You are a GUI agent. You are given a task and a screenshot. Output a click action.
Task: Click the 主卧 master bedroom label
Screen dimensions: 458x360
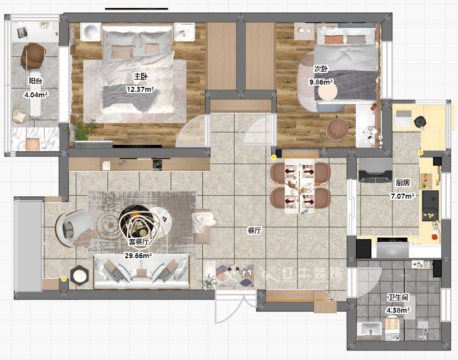(141, 77)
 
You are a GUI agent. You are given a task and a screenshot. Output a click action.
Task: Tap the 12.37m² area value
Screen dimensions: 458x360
(140, 89)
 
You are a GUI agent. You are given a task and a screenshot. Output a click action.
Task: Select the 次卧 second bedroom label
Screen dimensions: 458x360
(321, 69)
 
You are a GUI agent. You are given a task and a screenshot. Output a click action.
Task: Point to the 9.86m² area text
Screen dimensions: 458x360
(321, 82)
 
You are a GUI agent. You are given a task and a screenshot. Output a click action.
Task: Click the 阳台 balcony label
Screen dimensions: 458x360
(36, 81)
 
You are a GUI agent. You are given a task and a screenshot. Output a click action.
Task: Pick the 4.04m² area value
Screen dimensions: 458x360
(36, 95)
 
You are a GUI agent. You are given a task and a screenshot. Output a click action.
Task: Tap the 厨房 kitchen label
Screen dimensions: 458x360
(403, 183)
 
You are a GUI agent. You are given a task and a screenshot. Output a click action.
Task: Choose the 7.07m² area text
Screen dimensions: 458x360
(403, 196)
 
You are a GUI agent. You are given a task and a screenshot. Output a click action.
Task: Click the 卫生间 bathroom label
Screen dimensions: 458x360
(398, 298)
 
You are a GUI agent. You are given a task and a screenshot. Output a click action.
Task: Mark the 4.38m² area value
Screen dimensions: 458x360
(398, 310)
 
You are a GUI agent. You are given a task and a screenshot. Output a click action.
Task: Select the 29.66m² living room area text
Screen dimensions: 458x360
(138, 255)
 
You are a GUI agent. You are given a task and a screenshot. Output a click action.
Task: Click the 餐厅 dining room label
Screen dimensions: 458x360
(255, 230)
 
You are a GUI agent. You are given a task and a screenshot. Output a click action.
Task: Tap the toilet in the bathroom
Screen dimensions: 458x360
(392, 328)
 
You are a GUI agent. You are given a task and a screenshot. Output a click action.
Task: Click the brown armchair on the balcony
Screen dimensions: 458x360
(33, 56)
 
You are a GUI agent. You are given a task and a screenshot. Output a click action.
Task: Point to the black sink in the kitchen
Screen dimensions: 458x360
(430, 201)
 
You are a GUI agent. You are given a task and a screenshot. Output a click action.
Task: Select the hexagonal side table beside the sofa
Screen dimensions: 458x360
(79, 275)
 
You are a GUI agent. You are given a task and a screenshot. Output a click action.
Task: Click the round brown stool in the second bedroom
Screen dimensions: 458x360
(337, 129)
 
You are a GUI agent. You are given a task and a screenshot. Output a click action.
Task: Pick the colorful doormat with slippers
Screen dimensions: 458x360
(235, 275)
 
